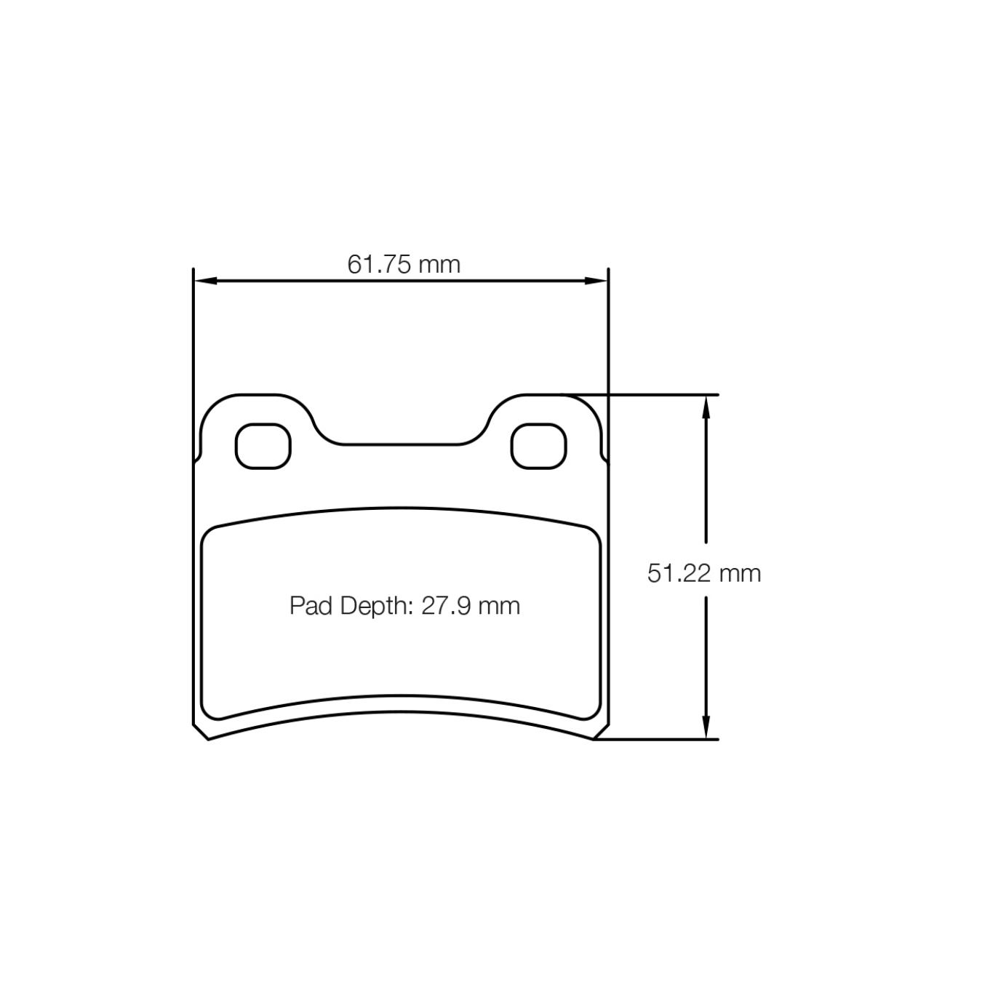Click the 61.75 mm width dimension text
(x=404, y=264)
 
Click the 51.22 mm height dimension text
(x=703, y=573)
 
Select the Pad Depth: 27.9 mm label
(x=404, y=606)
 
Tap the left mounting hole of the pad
(x=263, y=446)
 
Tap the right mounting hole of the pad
(x=538, y=446)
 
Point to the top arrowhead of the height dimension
(x=705, y=407)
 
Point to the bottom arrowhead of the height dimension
(x=705, y=727)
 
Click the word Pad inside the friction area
(x=311, y=606)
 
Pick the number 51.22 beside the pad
(x=679, y=573)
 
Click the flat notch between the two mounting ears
(x=402, y=443)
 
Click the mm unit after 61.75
(x=440, y=264)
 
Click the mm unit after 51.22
(x=740, y=573)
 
